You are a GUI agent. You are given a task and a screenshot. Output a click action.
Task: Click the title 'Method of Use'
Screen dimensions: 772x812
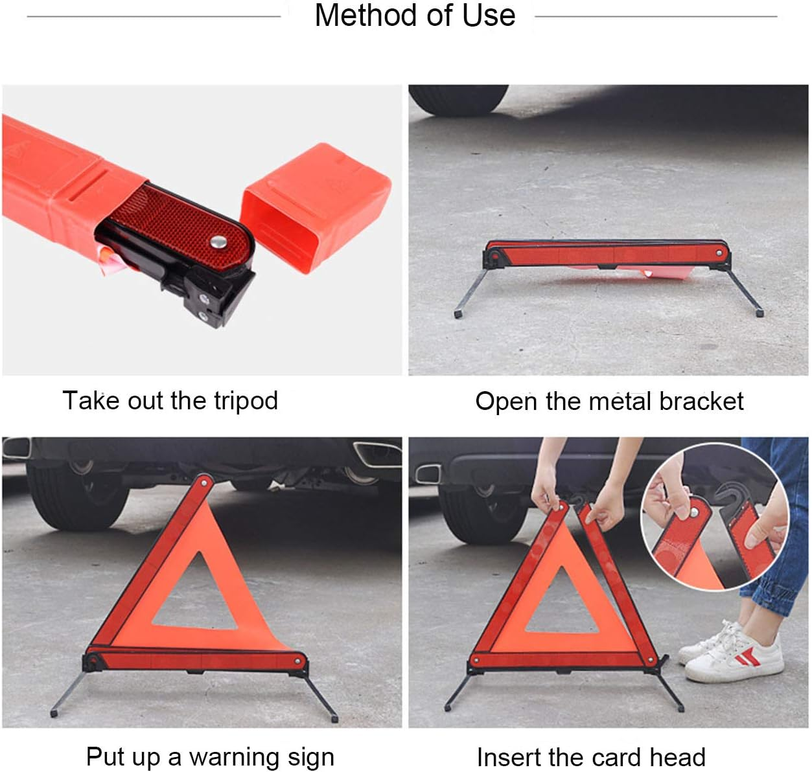click(415, 16)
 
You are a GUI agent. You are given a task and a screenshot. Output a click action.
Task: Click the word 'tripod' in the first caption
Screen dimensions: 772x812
click(246, 401)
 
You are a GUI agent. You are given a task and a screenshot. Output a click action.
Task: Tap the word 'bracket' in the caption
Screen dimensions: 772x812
click(701, 402)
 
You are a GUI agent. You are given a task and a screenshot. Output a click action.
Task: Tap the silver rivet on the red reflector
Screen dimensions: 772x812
click(217, 242)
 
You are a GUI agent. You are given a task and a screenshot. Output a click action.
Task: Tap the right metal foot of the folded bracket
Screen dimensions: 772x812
click(759, 313)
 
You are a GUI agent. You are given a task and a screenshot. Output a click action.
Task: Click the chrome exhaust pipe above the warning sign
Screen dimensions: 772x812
click(373, 453)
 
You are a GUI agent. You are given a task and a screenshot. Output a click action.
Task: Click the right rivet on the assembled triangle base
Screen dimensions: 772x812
click(299, 661)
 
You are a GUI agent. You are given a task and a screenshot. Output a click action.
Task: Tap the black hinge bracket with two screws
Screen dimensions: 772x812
click(211, 304)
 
